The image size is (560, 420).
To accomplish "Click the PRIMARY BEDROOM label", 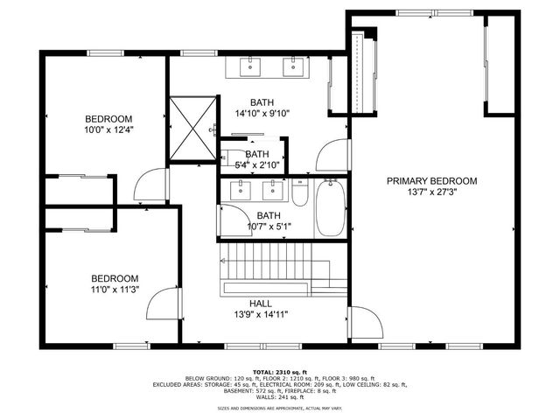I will tap(432, 181).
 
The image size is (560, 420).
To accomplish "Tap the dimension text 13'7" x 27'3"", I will tap(432, 192).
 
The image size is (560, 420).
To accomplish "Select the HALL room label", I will tap(260, 304).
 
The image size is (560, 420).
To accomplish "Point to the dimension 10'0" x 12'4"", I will tap(108, 130).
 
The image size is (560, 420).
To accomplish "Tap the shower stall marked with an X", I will tap(192, 129).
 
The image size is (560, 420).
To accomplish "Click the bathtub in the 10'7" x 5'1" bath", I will tap(330, 207).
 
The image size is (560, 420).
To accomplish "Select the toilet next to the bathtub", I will tap(299, 192).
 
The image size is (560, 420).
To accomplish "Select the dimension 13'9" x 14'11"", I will tap(260, 315).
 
